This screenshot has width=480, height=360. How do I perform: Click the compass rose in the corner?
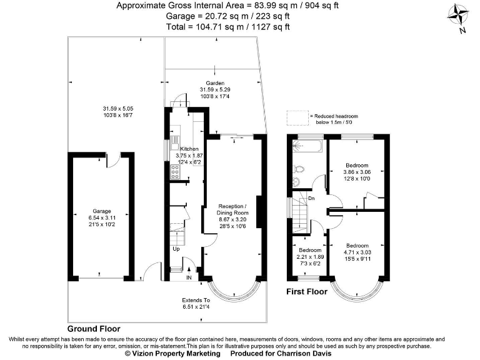459,15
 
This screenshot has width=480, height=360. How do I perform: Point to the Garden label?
215,89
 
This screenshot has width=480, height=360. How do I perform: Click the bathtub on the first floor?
306,147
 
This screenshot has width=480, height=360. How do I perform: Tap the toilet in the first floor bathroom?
298,169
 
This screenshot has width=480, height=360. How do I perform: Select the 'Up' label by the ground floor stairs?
176,249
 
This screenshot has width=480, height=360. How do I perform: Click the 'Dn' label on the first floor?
311,198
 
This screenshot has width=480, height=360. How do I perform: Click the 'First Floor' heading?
307,292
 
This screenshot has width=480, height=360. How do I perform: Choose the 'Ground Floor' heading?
94,329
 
